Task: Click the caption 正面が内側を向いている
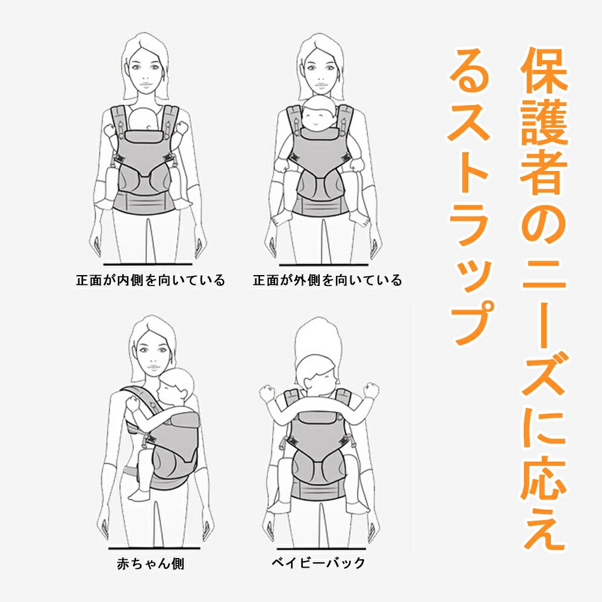(150, 281)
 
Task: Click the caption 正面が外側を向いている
(327, 281)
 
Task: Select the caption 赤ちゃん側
(150, 564)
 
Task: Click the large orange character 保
(543, 75)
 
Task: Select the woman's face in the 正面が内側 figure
(146, 69)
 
